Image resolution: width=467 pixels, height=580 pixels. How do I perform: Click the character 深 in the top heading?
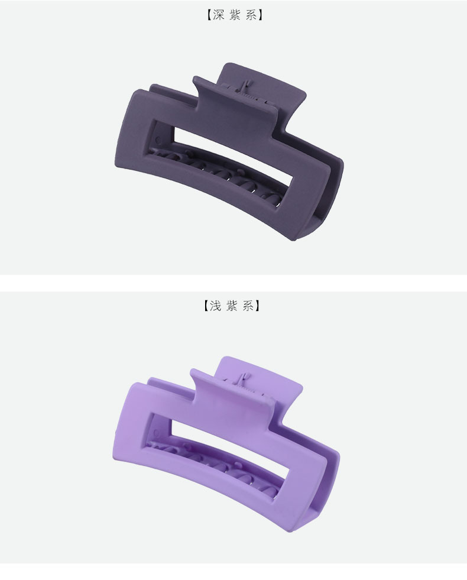(x=218, y=15)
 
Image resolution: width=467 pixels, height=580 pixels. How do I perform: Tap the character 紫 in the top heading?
(x=235, y=15)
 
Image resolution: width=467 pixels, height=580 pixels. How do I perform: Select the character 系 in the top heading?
(x=251, y=15)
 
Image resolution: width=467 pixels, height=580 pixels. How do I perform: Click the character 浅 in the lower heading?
(x=215, y=306)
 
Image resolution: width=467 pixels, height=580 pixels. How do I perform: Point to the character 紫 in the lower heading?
(x=232, y=306)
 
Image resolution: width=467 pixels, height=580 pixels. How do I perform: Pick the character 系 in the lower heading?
(x=248, y=306)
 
